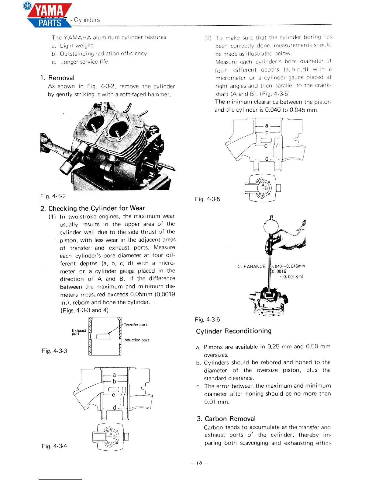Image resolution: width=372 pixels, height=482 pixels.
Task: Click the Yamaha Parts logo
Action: [49, 15]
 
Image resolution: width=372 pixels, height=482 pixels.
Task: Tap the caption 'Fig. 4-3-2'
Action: [53, 196]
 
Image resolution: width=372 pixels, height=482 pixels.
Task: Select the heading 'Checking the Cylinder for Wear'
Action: [93, 208]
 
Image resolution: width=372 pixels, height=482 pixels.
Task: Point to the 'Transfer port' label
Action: [135, 325]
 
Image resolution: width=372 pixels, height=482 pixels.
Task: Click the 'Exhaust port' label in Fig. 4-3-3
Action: [79, 332]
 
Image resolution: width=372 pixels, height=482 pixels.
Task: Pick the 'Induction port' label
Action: [136, 340]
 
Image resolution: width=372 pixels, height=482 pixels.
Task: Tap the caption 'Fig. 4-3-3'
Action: [54, 351]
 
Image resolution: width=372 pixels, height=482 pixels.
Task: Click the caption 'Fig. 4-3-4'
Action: [54, 446]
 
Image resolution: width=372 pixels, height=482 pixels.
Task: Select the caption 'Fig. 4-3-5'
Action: [208, 199]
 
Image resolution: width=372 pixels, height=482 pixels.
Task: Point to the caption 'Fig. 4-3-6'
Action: [208, 320]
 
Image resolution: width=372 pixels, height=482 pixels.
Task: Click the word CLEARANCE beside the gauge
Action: [251, 267]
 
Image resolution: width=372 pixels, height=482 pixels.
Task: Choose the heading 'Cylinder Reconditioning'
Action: [234, 331]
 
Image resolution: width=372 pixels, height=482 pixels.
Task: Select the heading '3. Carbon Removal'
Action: [226, 419]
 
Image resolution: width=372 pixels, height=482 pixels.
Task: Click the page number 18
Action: [199, 463]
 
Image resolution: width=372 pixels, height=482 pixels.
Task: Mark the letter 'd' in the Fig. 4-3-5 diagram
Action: [267, 159]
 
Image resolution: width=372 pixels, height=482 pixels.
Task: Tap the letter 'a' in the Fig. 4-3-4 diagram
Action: [114, 375]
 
